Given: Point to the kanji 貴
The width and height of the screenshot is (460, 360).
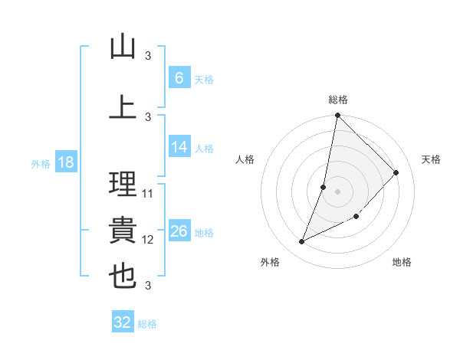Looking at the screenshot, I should [x=123, y=230].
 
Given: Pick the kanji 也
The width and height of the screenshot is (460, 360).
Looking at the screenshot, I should [x=123, y=276].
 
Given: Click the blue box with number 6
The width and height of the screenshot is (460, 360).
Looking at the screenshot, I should [x=179, y=78].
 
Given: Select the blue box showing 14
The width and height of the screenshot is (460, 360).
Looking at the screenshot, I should [x=179, y=147].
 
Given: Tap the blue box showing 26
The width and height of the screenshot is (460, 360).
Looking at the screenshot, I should [x=179, y=231].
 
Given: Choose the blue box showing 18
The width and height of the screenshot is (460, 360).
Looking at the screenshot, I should [x=65, y=162].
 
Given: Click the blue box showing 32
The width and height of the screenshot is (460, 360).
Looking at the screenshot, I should [x=123, y=322].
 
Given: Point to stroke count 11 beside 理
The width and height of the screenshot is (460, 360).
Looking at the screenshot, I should [x=148, y=194].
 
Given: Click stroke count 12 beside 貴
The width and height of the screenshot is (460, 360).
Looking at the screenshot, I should [x=148, y=240].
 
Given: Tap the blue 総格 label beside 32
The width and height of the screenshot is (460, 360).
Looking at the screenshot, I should [x=147, y=324].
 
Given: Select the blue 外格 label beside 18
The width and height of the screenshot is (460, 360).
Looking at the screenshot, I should [x=41, y=163].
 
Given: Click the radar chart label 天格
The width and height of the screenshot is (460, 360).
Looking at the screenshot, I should [x=431, y=159].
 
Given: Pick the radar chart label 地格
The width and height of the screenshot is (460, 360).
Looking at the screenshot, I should [x=402, y=262].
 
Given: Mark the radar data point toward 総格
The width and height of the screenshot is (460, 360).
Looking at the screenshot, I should [x=337, y=115].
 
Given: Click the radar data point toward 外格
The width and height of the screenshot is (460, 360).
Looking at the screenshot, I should [x=301, y=242].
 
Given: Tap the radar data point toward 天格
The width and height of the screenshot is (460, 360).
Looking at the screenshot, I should [x=396, y=172].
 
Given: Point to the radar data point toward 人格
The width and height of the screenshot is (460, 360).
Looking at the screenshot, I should [x=324, y=187].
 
